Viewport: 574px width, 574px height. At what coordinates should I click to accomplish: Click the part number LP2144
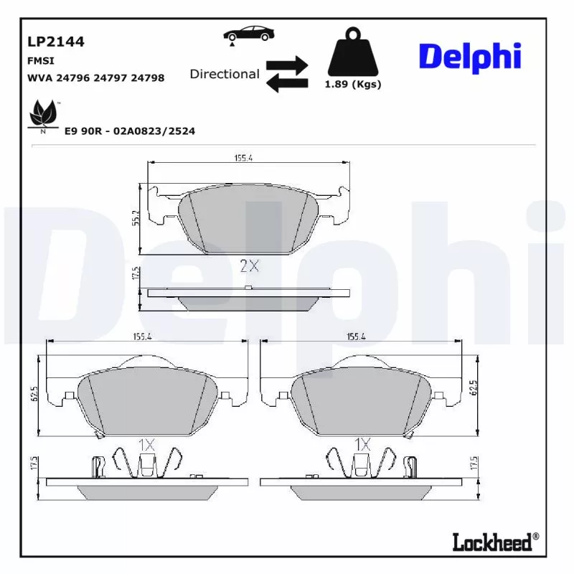pyautogui.click(x=55, y=42)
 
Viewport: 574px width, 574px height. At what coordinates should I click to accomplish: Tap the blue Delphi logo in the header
pyautogui.click(x=469, y=57)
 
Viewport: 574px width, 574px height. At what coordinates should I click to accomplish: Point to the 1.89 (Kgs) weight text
pyautogui.click(x=352, y=84)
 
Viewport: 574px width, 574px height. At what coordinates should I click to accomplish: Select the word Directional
pyautogui.click(x=225, y=74)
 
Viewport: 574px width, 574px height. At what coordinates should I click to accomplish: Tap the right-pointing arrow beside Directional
pyautogui.click(x=287, y=65)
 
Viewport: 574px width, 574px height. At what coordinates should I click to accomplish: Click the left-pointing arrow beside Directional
pyautogui.click(x=287, y=83)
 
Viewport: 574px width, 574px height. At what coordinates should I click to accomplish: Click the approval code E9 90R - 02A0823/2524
pyautogui.click(x=129, y=131)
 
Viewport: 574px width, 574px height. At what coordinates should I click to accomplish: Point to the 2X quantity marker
pyautogui.click(x=249, y=266)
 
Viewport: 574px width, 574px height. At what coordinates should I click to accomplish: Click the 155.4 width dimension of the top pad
pyautogui.click(x=243, y=158)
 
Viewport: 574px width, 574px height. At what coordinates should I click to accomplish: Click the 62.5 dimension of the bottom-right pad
pyautogui.click(x=473, y=388)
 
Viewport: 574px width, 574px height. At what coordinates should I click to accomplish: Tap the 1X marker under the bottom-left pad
pyautogui.click(x=146, y=445)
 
